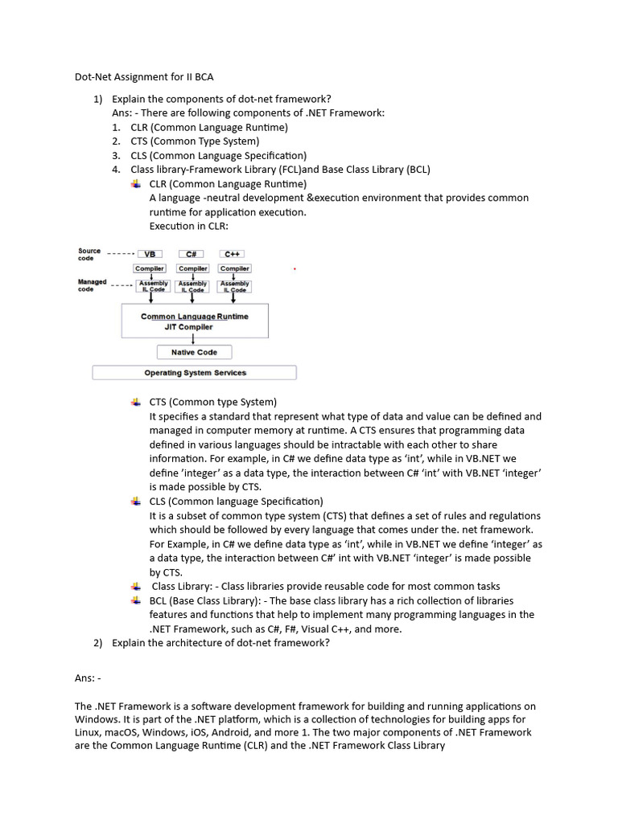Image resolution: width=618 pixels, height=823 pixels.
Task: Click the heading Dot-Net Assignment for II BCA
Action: point(144,77)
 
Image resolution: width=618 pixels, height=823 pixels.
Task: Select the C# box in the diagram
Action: point(192,253)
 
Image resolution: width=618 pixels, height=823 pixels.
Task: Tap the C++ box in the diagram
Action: point(234,253)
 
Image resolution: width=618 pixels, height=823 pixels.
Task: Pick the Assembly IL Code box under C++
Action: point(234,286)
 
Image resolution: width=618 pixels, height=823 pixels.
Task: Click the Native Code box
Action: point(194,352)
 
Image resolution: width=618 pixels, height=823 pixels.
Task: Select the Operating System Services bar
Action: point(195,373)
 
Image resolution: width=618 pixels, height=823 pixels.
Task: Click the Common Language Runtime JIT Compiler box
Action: point(194,321)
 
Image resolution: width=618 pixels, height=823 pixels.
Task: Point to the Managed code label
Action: point(92,285)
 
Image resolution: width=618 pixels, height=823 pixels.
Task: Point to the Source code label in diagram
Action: point(89,253)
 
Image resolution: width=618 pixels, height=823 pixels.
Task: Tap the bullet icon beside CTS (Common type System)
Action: point(135,402)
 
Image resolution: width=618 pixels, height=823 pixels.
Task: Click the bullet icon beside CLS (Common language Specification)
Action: point(135,501)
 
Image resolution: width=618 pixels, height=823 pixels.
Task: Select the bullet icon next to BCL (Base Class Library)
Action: point(135,600)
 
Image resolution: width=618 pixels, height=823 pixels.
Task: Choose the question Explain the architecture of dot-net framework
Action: point(220,643)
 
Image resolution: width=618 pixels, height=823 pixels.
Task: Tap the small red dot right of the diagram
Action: point(295,269)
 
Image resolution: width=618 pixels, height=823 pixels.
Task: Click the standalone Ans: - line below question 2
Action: point(88,679)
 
